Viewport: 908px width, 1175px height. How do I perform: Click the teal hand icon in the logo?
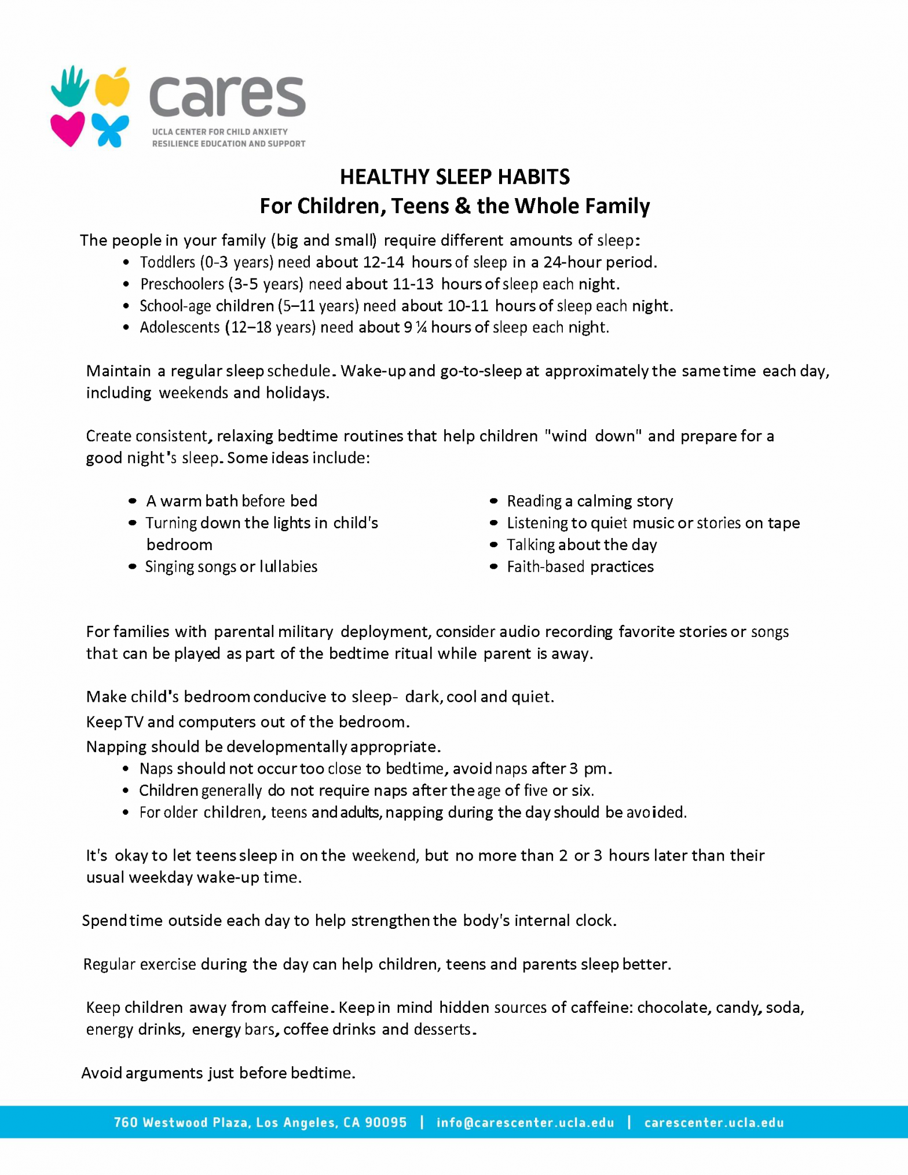pyautogui.click(x=70, y=87)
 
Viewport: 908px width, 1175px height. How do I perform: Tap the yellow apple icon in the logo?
pyautogui.click(x=112, y=87)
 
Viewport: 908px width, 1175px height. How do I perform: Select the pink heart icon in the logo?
pyautogui.click(x=67, y=129)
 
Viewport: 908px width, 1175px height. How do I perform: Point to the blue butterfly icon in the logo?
pyautogui.click(x=111, y=130)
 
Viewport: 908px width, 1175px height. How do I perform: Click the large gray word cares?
pyautogui.click(x=227, y=97)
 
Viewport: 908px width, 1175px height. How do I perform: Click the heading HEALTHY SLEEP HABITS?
pyautogui.click(x=455, y=177)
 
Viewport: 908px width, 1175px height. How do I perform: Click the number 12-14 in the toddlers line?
pyautogui.click(x=383, y=262)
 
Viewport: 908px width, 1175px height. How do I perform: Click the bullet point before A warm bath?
pyautogui.click(x=133, y=501)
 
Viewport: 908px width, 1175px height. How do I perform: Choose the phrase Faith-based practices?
pyautogui.click(x=580, y=567)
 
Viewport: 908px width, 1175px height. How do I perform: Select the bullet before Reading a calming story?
pyautogui.click(x=493, y=501)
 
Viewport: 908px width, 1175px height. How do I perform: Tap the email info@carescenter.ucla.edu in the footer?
pyautogui.click(x=525, y=1123)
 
